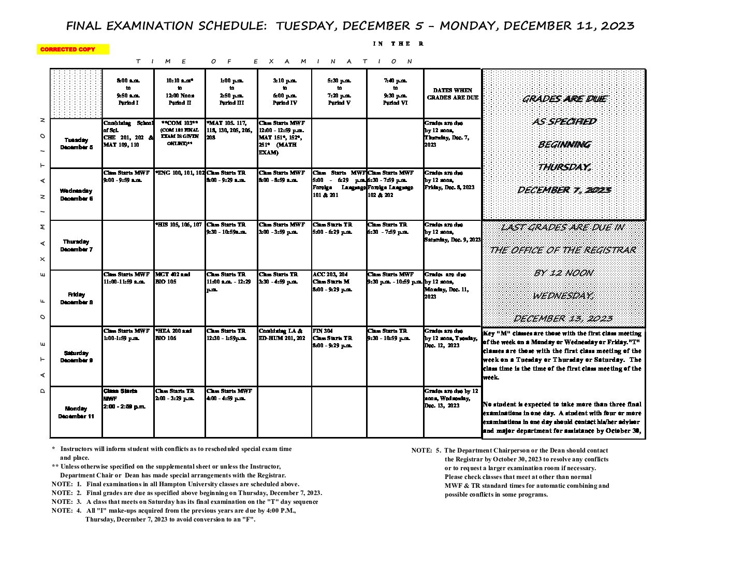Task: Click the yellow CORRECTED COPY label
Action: pyautogui.click(x=72, y=49)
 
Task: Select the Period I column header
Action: pyautogui.click(x=128, y=92)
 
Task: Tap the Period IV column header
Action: pyautogui.click(x=284, y=92)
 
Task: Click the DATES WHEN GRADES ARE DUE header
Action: pyautogui.click(x=452, y=93)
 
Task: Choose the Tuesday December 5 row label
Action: pyautogui.click(x=76, y=144)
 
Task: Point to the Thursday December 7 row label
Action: pyautogui.click(x=76, y=245)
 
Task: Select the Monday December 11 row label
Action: pyautogui.click(x=76, y=412)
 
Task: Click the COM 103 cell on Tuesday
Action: pyautogui.click(x=179, y=133)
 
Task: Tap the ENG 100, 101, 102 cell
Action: pyautogui.click(x=179, y=173)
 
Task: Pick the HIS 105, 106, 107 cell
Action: pyautogui.click(x=179, y=224)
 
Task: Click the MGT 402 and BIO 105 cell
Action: pyautogui.click(x=173, y=278)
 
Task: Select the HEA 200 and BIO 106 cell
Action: pyautogui.click(x=173, y=334)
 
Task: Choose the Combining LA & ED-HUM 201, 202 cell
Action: pyautogui.click(x=282, y=334)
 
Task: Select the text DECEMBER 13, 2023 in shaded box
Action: pyautogui.click(x=563, y=318)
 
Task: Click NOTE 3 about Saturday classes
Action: pyautogui.click(x=185, y=501)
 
